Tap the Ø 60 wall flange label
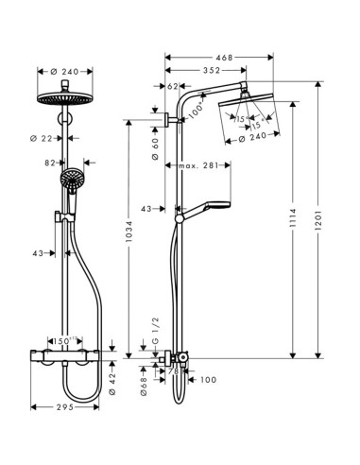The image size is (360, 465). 154,148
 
